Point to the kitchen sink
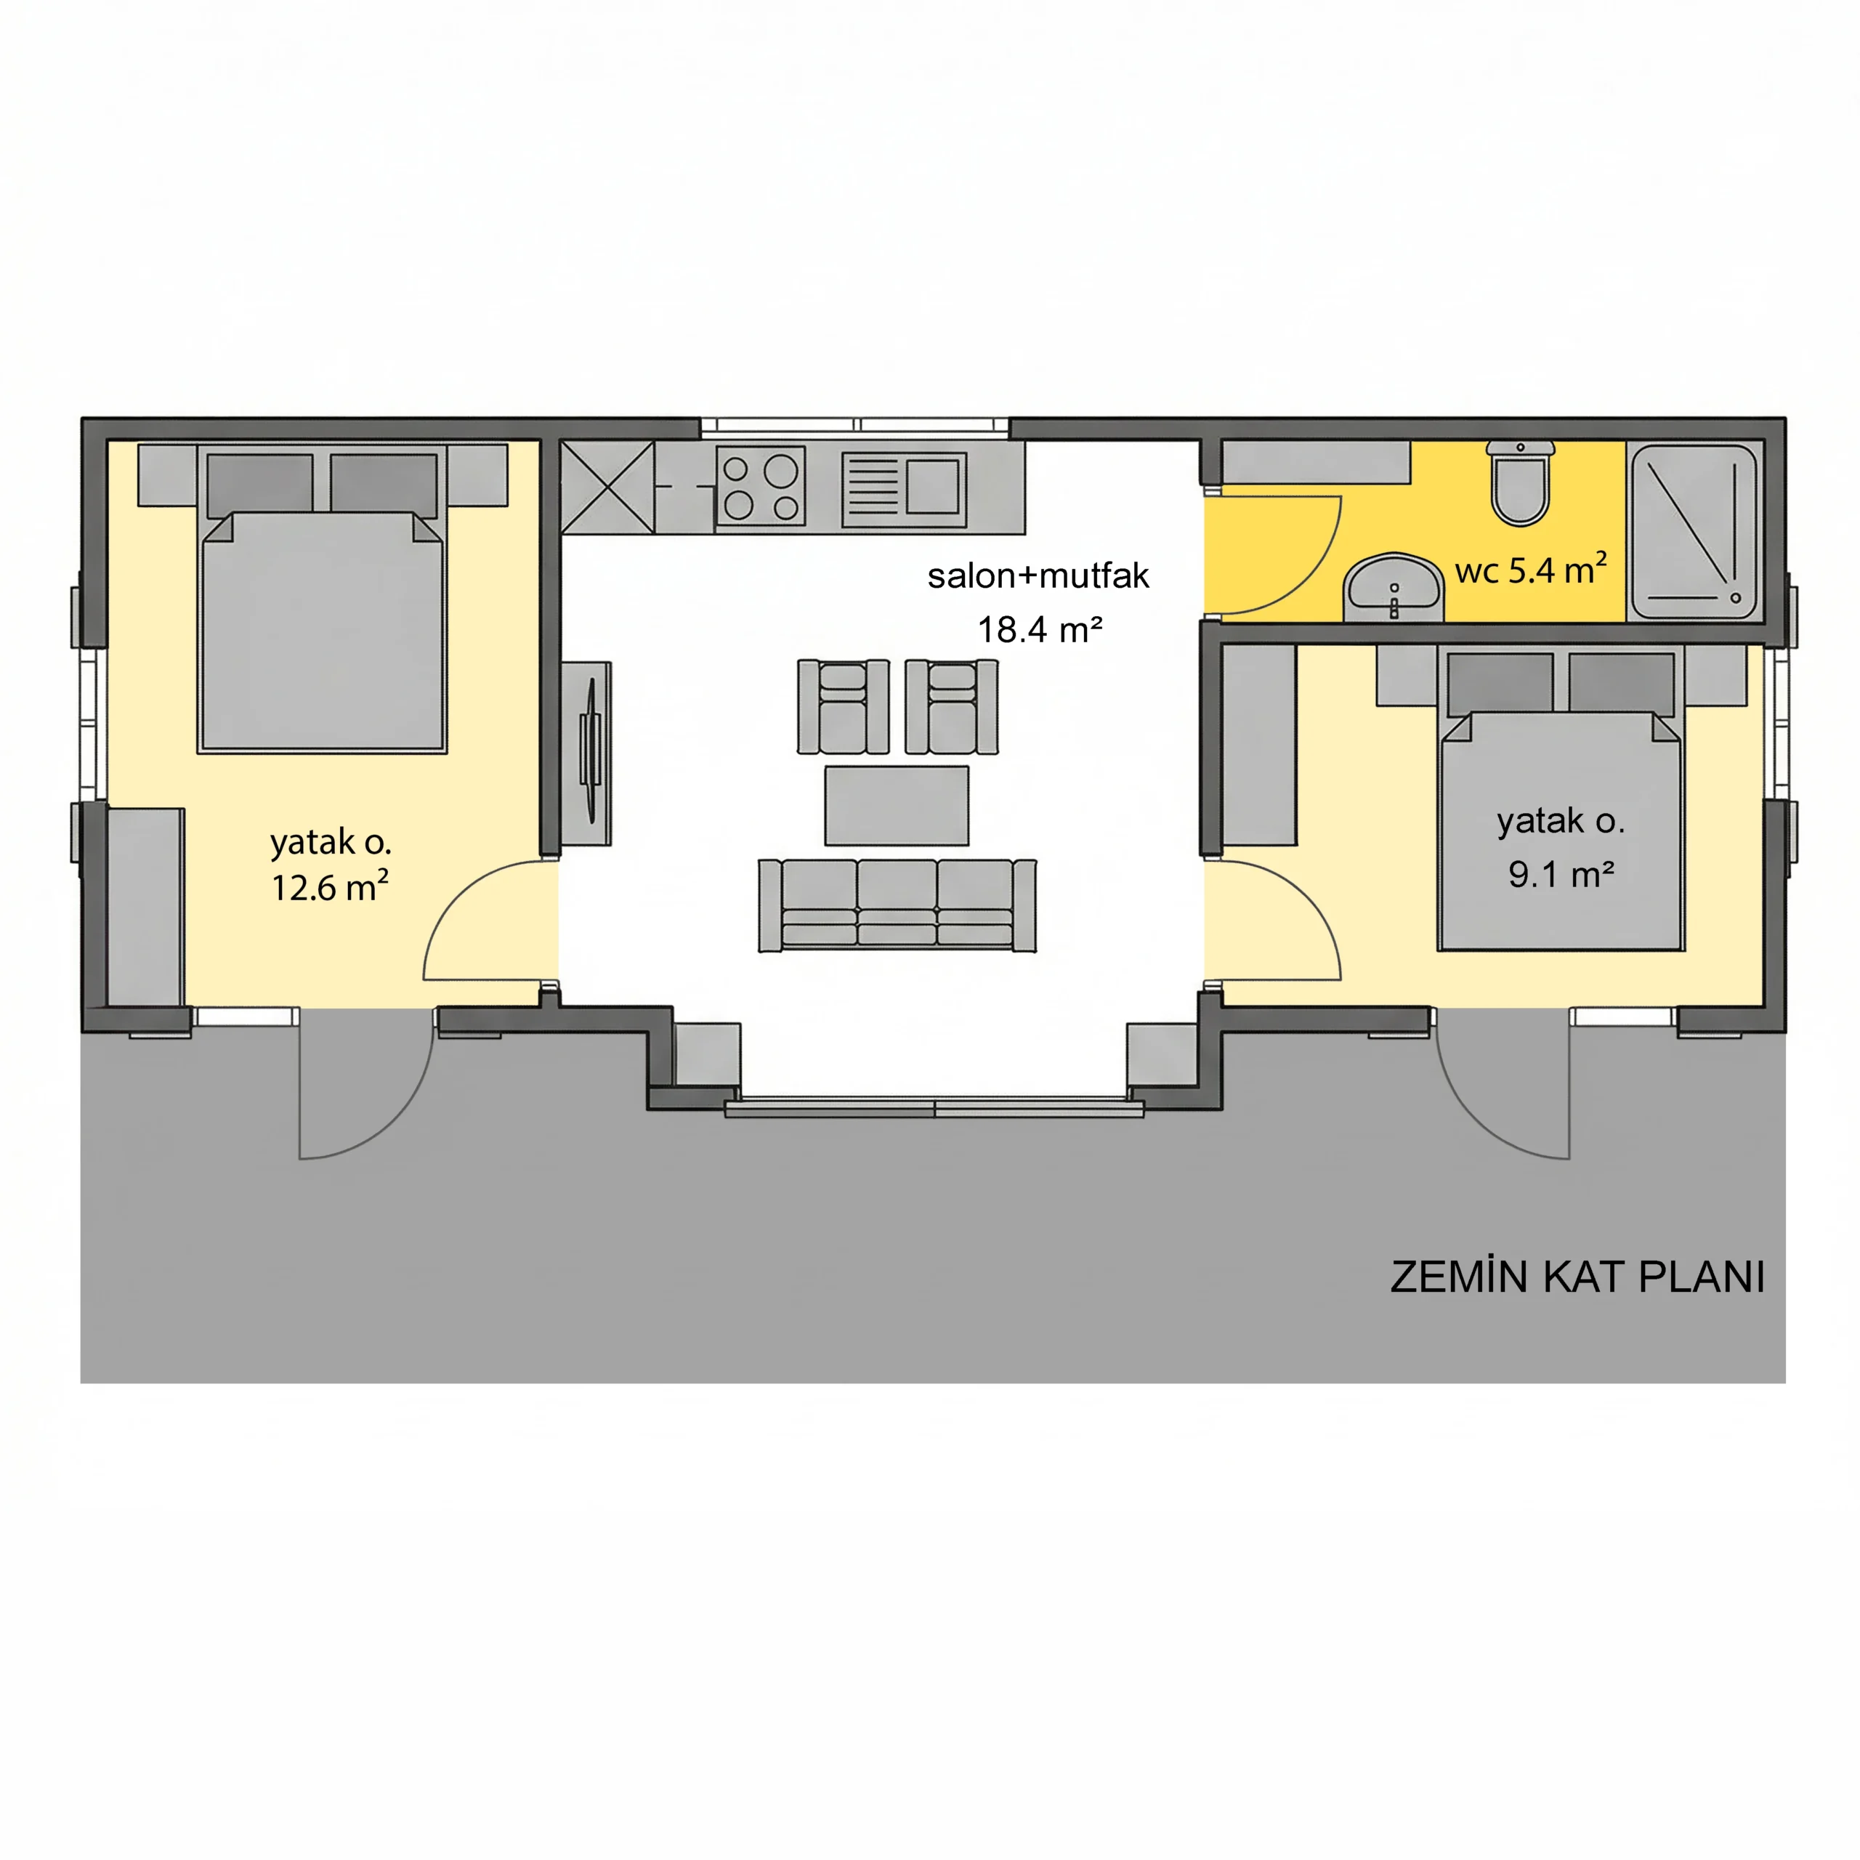[x=904, y=490]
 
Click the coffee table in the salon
[x=897, y=806]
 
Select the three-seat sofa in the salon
[x=897, y=905]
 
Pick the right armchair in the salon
[x=951, y=707]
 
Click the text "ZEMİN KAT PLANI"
[x=1577, y=1277]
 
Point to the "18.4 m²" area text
[x=1040, y=630]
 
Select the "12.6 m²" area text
[x=329, y=886]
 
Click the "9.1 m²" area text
[x=1561, y=874]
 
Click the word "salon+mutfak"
[x=1038, y=575]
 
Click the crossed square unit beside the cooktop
[x=607, y=487]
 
